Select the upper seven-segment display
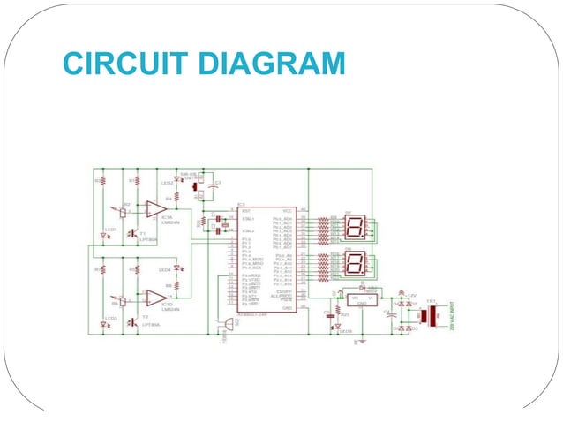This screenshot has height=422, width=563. [x=355, y=229]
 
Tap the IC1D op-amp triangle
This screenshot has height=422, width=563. [x=156, y=298]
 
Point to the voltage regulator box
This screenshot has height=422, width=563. [x=362, y=300]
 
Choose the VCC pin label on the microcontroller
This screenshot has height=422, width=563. [x=288, y=211]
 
